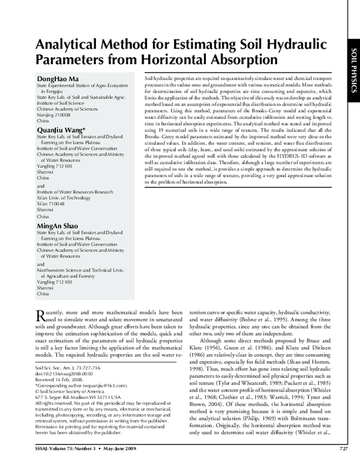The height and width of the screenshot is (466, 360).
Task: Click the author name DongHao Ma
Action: [x=57, y=80]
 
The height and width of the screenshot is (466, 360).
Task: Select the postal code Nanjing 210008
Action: [x=55, y=120]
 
